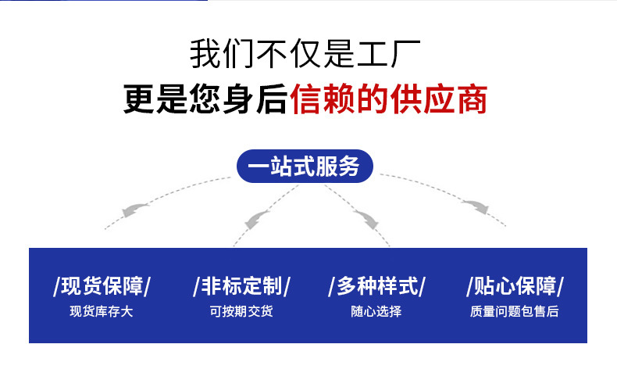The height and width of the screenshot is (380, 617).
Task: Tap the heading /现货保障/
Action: click(x=102, y=285)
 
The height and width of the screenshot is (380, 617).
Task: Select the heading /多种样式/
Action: click(x=376, y=285)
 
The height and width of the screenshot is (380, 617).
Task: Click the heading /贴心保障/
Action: click(x=515, y=285)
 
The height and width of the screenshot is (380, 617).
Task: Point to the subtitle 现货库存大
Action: click(x=102, y=311)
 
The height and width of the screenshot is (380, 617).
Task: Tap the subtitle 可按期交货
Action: click(x=241, y=311)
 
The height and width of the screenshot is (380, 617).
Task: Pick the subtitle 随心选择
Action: click(x=376, y=311)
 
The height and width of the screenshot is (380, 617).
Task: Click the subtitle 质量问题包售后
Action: click(x=515, y=311)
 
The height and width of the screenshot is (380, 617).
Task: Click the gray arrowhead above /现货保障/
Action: click(x=134, y=209)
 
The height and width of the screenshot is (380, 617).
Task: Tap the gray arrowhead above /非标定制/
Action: click(x=257, y=219)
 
